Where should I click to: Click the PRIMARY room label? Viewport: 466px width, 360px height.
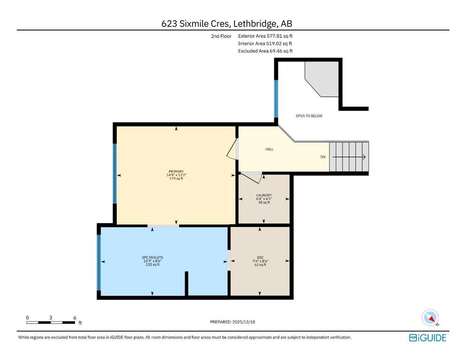[x=176, y=172]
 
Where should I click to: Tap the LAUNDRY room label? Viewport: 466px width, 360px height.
[x=264, y=195]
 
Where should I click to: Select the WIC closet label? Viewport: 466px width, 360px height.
[x=260, y=258]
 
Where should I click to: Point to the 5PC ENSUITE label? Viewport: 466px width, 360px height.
[x=152, y=257]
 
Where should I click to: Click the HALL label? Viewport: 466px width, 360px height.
[x=269, y=149]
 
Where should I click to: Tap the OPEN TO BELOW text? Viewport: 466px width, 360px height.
[x=309, y=116]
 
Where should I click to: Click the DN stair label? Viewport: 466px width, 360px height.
[x=323, y=157]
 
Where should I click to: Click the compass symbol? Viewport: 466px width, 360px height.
[x=430, y=318]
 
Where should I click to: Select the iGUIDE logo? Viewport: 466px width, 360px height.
[x=428, y=337]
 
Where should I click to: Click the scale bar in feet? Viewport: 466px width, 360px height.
[x=51, y=322]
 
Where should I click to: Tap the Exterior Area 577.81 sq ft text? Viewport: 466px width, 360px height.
[x=265, y=36]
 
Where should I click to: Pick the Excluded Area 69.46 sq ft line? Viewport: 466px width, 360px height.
[x=265, y=51]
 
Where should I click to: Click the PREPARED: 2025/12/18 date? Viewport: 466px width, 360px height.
[x=233, y=322]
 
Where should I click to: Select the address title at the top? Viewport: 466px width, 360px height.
[x=227, y=23]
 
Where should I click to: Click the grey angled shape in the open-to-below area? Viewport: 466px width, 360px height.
[x=322, y=79]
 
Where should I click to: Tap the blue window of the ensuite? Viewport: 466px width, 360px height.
[x=99, y=262]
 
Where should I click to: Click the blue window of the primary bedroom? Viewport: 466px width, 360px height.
[x=114, y=173]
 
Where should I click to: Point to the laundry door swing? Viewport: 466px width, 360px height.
[x=252, y=178]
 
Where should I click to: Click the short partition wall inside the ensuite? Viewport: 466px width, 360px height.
[x=186, y=284]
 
